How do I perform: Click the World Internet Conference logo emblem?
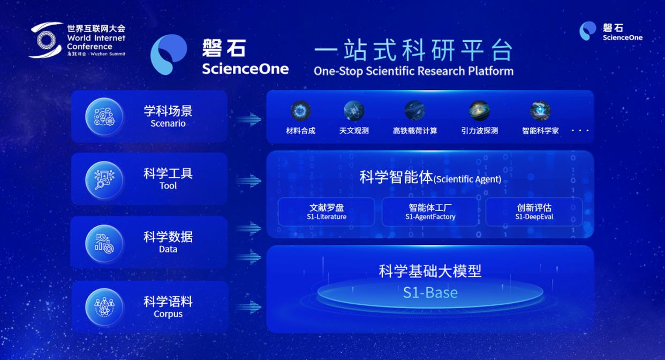[46, 40]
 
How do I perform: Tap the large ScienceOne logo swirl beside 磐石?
[168, 54]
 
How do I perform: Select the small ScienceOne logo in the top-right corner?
[587, 31]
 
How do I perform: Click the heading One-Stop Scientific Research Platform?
[413, 71]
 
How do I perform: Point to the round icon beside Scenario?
[104, 117]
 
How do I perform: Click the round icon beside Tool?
[104, 180]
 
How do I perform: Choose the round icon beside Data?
[104, 244]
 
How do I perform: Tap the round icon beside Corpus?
[104, 307]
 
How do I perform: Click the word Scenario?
[168, 123]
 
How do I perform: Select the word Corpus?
[168, 314]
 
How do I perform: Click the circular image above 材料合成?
[300, 111]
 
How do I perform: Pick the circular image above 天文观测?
[354, 111]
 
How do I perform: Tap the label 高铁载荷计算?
[415, 131]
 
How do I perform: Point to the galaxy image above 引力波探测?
[479, 111]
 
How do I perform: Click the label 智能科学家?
[540, 131]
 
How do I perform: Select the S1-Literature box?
[327, 212]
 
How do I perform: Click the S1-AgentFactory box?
[430, 212]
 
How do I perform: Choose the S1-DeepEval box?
[534, 212]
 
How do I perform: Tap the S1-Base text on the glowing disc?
[430, 292]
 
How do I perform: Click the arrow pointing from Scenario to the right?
[248, 119]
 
